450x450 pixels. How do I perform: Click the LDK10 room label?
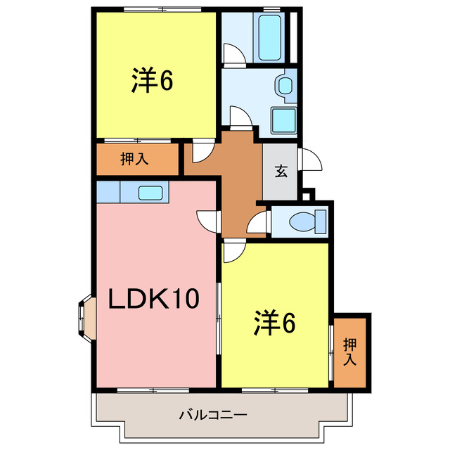tap(154, 300)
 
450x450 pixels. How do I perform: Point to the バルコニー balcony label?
tap(212, 415)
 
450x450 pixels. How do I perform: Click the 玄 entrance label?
tap(281, 171)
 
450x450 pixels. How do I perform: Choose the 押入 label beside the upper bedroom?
tap(134, 159)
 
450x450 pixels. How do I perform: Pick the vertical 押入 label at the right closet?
tap(349, 352)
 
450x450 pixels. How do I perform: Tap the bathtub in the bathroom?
tap(269, 39)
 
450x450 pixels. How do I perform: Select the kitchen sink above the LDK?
tap(151, 192)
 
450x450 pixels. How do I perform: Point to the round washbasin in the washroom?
tap(285, 85)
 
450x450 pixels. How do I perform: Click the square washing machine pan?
tap(284, 122)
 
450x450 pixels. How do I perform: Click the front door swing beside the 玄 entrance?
tap(310, 161)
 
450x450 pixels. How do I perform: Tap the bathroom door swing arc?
tap(232, 53)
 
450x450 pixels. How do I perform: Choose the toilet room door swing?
tap(259, 224)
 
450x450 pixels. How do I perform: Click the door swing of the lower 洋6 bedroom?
tap(234, 251)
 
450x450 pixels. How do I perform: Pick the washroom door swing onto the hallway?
tap(240, 117)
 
